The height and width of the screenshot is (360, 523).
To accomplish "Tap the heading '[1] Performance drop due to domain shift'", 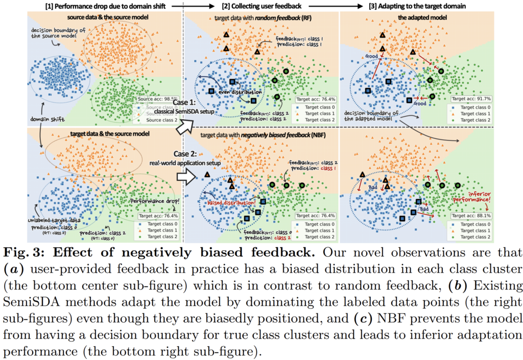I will coord(101,6).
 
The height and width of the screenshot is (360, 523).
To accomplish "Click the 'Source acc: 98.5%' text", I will coord(157,98).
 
